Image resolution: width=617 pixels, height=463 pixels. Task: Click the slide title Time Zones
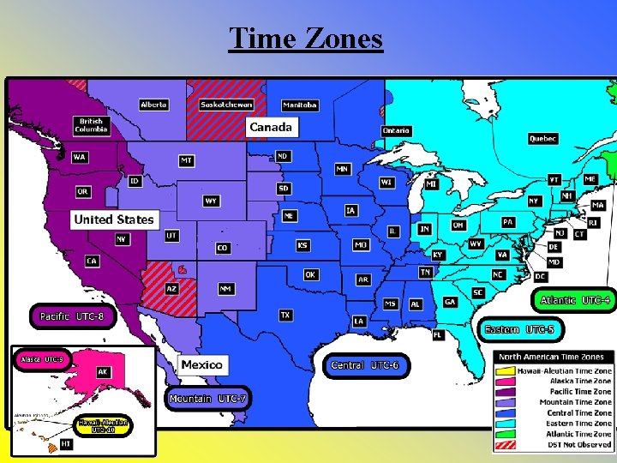click(306, 39)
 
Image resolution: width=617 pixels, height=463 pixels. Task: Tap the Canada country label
click(271, 127)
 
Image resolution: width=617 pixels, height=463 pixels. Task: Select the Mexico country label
click(202, 364)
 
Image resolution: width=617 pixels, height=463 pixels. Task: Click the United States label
click(114, 219)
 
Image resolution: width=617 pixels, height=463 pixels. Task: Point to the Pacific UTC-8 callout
click(72, 316)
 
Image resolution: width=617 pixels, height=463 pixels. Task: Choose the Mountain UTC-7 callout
click(208, 399)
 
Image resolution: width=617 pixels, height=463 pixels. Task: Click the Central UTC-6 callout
click(364, 365)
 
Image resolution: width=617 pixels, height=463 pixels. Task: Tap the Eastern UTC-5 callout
click(519, 329)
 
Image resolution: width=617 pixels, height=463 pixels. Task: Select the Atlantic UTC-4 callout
click(574, 300)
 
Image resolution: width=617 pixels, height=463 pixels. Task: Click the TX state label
click(285, 316)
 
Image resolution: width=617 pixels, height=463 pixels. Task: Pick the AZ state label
click(171, 289)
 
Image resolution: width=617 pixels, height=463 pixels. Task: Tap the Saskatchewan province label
click(226, 105)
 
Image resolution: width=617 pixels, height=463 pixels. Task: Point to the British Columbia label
click(91, 125)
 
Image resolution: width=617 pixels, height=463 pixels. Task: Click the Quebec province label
click(542, 139)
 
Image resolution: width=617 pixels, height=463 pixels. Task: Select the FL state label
click(438, 334)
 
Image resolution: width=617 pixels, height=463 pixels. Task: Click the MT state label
click(186, 160)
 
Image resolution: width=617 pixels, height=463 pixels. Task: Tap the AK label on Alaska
click(103, 372)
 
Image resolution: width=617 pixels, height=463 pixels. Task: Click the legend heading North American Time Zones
click(551, 357)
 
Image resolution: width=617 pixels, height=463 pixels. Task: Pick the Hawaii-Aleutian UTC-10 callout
click(103, 425)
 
